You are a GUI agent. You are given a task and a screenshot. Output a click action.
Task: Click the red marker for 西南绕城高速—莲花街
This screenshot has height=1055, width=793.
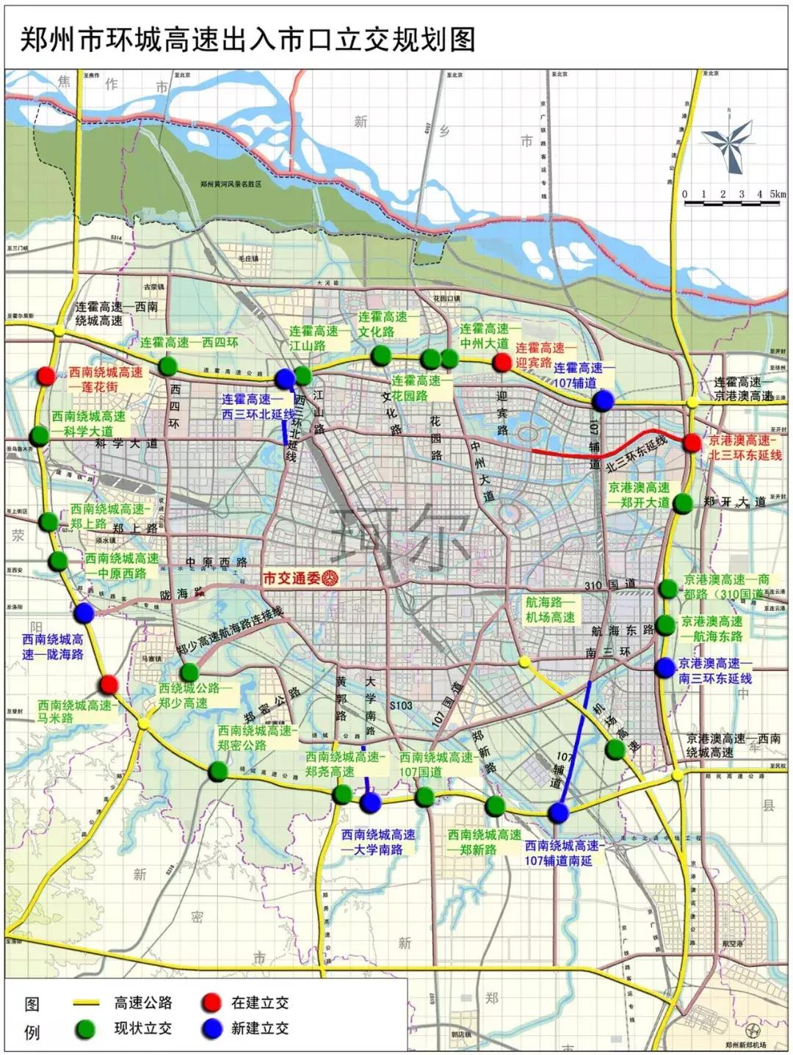coord(46,375)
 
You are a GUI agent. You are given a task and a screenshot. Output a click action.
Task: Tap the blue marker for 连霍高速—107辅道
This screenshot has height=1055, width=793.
coord(603,400)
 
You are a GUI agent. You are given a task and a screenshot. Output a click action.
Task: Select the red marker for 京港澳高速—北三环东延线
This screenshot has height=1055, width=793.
coord(692,443)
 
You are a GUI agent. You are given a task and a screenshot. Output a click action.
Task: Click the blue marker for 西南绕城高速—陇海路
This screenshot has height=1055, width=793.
coord(84,612)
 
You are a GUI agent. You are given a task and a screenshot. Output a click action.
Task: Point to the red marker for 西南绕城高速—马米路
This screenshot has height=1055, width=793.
coord(109,685)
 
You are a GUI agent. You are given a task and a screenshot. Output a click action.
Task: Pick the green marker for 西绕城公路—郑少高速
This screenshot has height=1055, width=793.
coord(189,672)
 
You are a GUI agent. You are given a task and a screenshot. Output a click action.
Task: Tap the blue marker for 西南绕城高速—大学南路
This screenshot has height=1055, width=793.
coord(371,802)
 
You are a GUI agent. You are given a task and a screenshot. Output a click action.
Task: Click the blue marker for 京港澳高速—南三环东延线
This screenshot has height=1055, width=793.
coord(665,667)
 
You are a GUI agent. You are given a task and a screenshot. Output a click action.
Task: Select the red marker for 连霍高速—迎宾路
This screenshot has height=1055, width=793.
coord(501,362)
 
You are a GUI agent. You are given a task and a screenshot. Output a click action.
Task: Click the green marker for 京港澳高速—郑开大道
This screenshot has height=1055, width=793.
coord(683,503)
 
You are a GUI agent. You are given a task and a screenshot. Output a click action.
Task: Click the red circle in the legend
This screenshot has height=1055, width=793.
coord(211,1003)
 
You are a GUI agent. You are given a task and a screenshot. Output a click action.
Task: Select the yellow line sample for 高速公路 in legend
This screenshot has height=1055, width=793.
coord(85,1003)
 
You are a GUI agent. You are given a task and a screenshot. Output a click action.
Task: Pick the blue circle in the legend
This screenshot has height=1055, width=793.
coord(211,1029)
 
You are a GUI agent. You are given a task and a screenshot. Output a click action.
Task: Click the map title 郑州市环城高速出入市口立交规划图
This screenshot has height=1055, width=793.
coord(247,40)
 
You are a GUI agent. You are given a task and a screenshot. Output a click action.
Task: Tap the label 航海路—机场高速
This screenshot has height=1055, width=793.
coord(550,609)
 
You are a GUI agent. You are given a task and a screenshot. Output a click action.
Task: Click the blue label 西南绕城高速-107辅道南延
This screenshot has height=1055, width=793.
coord(562,853)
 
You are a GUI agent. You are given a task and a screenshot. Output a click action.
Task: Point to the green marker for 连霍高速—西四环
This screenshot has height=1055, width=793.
coord(168,366)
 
